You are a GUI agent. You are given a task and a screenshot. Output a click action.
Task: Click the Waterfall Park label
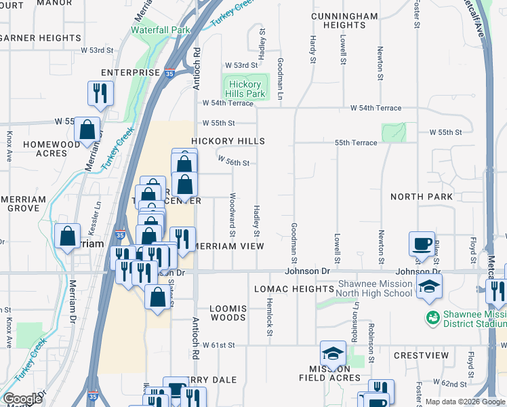click(x=161, y=31)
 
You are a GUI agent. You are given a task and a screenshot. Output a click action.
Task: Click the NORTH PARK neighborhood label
click(x=421, y=197)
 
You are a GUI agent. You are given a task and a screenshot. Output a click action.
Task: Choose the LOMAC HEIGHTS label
click(x=294, y=289)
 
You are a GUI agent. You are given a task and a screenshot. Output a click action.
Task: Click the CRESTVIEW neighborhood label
click(x=422, y=355)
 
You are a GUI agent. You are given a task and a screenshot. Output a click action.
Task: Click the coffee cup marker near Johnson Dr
click(x=422, y=244)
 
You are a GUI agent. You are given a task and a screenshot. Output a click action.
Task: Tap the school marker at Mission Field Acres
click(x=333, y=353)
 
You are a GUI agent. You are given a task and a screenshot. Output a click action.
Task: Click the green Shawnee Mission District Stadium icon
click(x=431, y=317)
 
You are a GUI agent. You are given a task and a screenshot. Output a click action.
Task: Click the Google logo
click(x=22, y=399)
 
